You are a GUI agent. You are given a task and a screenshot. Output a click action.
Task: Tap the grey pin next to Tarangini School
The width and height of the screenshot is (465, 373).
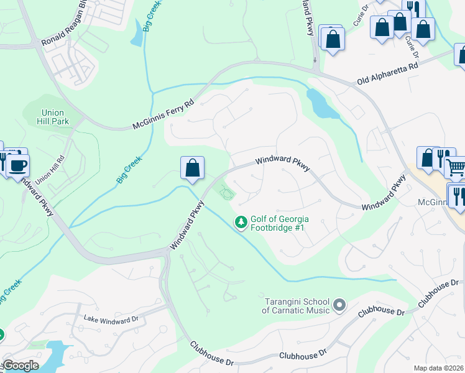coord(339,305)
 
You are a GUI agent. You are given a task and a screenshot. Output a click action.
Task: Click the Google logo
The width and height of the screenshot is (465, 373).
coord(20,366)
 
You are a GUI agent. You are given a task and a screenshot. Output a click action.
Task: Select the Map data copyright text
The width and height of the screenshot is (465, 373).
coord(438,368)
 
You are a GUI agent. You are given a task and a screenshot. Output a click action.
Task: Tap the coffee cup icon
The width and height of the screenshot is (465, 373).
coord(18,165)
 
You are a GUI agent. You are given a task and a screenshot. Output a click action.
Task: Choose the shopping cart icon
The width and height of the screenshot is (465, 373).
coord(456,167)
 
